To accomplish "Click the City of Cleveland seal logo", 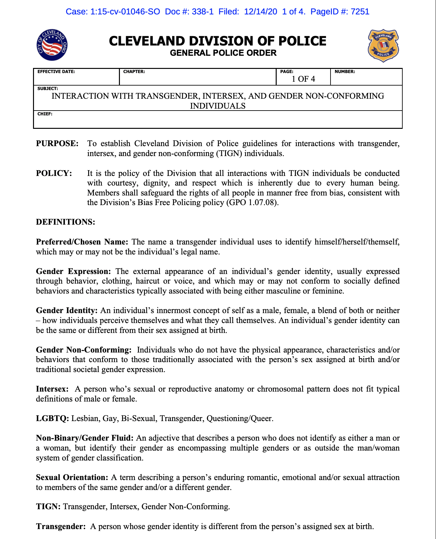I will [52, 45].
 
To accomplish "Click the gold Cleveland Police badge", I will [383, 46].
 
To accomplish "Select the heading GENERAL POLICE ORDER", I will [223, 53].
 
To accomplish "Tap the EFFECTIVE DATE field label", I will [56, 72].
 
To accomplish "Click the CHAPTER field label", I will [134, 72].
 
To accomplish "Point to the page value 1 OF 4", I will [303, 79].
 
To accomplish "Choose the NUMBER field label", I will [345, 72].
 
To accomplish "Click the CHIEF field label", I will [45, 114].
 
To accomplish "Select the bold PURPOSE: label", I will [57, 144].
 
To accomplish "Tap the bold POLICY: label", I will [54, 173].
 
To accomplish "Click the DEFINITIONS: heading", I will [65, 222].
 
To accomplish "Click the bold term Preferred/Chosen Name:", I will [82, 242].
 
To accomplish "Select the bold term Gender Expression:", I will [73, 271].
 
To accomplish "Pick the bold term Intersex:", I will [52, 389].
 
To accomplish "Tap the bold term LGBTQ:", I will [53, 419].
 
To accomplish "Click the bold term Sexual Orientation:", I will [72, 477].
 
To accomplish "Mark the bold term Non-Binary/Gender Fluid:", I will [85, 438].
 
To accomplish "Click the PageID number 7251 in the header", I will [360, 12].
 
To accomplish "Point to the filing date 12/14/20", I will [260, 12].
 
